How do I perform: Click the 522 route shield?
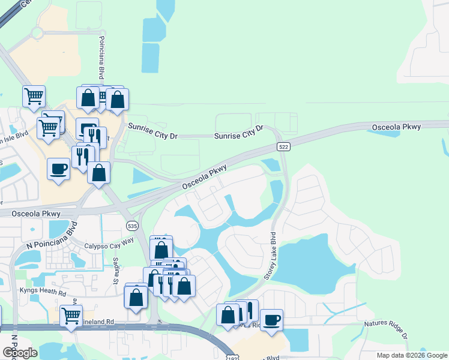285,147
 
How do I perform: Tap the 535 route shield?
133,226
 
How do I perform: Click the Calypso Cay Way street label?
109,241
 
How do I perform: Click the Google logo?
19,352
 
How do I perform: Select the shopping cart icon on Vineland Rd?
71,315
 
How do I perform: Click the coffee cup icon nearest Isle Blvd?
59,169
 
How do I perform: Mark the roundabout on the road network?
38,31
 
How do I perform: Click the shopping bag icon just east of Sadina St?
136,297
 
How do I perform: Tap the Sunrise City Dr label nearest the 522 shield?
239,133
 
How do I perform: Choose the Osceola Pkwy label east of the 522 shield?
396,127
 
